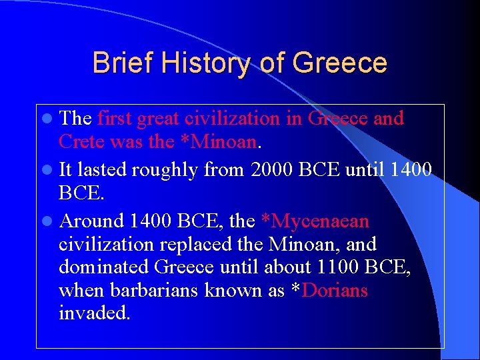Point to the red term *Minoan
[x=221, y=141]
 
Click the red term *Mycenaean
[x=313, y=221]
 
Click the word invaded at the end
[x=94, y=313]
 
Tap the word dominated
[x=103, y=267]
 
